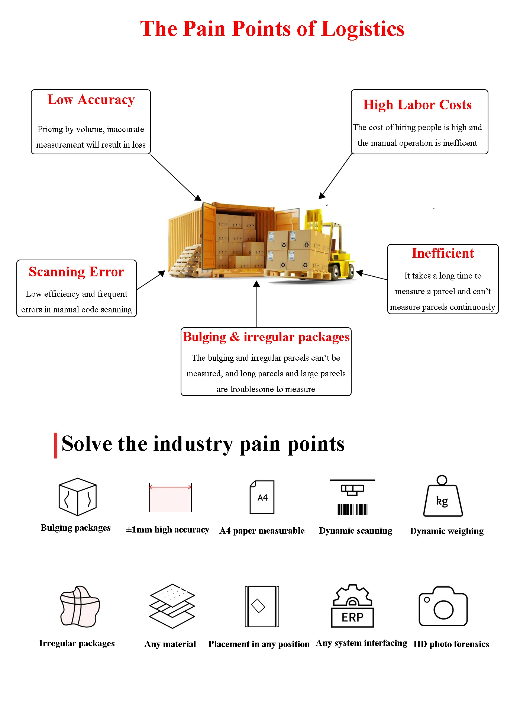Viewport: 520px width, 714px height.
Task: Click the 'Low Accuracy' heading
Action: tap(91, 100)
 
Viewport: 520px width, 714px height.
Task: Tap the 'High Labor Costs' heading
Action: tap(417, 105)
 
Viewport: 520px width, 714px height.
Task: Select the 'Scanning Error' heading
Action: tap(76, 272)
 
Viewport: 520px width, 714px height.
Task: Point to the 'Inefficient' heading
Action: tap(442, 253)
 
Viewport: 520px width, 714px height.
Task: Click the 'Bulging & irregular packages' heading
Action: tap(266, 337)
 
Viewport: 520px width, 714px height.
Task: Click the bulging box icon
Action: tap(77, 497)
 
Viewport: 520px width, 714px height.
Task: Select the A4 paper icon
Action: tap(262, 497)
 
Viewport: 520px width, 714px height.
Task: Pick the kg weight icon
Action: tap(443, 497)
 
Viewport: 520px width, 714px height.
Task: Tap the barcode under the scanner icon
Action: tap(352, 509)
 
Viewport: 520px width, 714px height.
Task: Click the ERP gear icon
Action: tap(352, 606)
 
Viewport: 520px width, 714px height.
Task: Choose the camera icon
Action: tap(443, 607)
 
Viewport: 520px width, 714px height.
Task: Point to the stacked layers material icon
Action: tap(172, 606)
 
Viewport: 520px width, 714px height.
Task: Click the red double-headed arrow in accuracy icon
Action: tap(170, 486)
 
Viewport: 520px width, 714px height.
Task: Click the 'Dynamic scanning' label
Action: tap(355, 531)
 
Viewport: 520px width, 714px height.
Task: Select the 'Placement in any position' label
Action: tap(259, 644)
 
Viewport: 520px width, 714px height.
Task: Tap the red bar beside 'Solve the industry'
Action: tap(56, 445)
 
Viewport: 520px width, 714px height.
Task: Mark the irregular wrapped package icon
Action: tap(80, 607)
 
